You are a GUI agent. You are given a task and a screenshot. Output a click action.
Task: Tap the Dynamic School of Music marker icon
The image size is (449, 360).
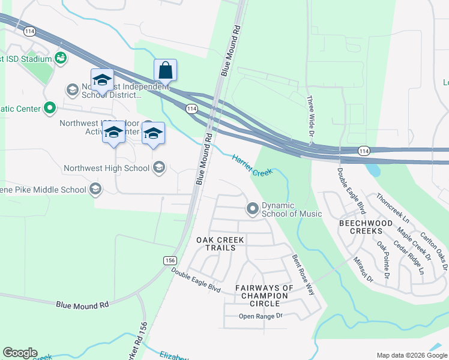(x=253, y=209)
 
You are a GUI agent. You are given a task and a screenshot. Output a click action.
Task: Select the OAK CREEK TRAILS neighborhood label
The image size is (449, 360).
(x=220, y=244)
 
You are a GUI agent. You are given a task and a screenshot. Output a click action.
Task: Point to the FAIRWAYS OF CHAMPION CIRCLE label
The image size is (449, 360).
(x=264, y=295)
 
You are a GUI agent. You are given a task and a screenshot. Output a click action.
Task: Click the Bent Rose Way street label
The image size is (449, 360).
(x=303, y=274)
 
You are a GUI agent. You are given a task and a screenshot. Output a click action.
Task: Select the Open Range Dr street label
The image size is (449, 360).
(x=259, y=316)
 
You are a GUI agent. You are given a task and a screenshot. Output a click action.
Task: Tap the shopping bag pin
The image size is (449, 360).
(x=165, y=71)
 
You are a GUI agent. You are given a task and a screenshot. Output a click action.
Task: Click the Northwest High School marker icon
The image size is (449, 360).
(x=158, y=168)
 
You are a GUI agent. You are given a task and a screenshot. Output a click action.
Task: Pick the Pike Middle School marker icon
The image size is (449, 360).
(x=95, y=190)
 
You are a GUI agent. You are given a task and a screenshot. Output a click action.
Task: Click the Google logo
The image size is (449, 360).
(x=20, y=353)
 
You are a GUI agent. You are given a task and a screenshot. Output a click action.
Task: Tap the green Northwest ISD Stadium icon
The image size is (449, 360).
(x=60, y=58)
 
